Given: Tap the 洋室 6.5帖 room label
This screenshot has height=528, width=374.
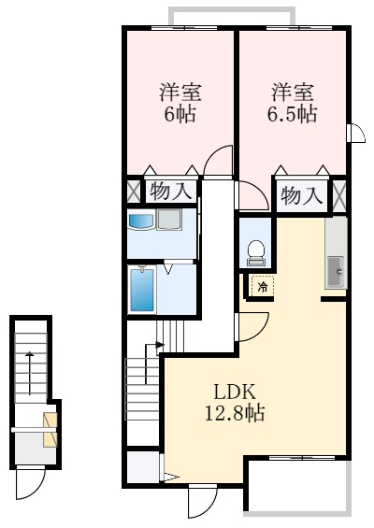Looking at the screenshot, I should tap(293, 103).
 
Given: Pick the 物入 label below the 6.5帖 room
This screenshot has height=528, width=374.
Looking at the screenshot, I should tap(301, 195).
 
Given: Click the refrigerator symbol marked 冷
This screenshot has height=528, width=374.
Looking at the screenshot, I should tap(263, 287).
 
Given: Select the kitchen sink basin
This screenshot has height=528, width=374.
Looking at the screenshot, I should tap(336, 270).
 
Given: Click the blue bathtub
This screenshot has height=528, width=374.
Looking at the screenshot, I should tap(141, 291).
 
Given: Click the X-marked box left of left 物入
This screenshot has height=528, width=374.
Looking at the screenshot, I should tap(134, 190).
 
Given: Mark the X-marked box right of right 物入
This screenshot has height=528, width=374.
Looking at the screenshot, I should tap(339, 195).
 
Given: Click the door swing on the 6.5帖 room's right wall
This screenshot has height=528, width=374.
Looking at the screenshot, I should tap(356, 134).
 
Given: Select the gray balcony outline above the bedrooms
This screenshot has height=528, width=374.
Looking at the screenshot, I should tap(231, 13).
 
